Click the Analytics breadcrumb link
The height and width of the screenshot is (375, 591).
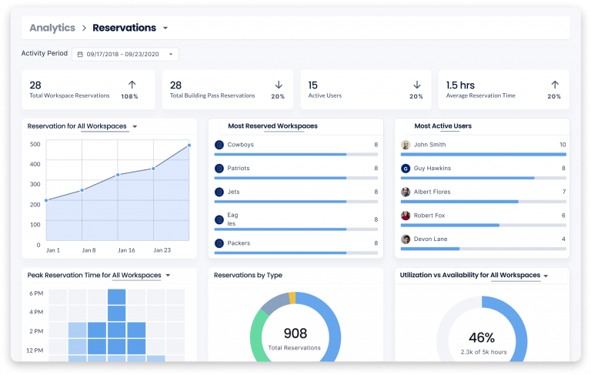tap(52, 28)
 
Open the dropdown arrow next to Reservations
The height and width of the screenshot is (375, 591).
tap(165, 28)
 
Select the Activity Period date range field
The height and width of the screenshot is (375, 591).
tap(125, 55)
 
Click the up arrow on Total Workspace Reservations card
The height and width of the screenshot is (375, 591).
tap(132, 85)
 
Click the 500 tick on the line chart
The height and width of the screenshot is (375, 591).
tap(35, 144)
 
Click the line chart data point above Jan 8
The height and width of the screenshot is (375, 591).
tap(82, 190)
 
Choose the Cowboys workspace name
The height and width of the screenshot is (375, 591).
tap(240, 145)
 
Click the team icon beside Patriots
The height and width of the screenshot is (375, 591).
tap(219, 169)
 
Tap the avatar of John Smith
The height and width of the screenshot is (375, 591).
tap(406, 145)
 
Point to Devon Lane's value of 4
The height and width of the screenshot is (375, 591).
tap(563, 239)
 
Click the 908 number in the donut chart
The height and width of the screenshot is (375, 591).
tap(295, 333)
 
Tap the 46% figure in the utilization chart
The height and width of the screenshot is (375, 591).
tap(481, 336)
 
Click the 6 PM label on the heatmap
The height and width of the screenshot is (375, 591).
tap(35, 293)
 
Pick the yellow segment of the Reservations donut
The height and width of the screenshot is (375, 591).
tap(292, 297)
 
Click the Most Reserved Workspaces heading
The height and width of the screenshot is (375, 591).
tap(272, 126)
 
